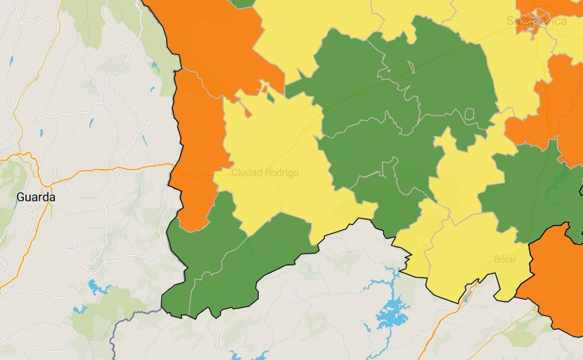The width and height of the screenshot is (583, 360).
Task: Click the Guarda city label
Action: pyautogui.click(x=36, y=197)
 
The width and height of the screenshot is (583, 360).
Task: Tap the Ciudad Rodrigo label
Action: pyautogui.click(x=265, y=172)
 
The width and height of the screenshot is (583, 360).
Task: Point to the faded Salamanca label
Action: pyautogui.click(x=536, y=21)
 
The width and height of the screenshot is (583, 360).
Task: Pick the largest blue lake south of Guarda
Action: pyautogui.click(x=94, y=285)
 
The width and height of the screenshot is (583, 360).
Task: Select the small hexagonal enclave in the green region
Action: pyautogui.click(x=470, y=114)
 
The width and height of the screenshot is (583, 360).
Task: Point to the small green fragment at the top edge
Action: pyautogui.click(x=242, y=3)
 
